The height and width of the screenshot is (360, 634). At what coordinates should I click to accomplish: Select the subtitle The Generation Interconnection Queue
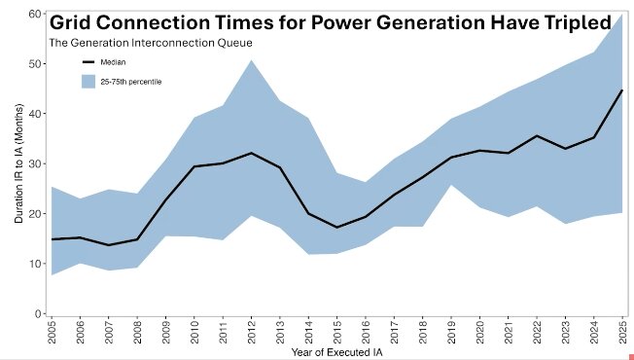tap(151, 43)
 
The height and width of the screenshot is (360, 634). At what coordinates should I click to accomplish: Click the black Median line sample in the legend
tap(88, 62)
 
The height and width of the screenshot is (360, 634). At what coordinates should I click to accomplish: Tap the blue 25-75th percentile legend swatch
tap(88, 82)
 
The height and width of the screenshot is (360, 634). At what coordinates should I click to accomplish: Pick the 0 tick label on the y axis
tap(39, 314)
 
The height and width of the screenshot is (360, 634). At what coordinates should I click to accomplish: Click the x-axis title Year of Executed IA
tap(336, 352)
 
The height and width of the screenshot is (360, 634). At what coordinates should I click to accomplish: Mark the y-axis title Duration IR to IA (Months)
tap(18, 163)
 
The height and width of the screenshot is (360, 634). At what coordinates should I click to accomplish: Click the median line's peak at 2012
tap(251, 153)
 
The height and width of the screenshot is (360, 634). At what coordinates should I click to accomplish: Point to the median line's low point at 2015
tap(336, 228)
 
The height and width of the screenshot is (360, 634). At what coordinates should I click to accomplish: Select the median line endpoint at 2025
tap(622, 90)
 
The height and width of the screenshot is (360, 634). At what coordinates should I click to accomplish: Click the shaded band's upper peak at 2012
tap(251, 60)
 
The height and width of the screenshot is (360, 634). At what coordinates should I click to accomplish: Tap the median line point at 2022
tap(537, 135)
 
